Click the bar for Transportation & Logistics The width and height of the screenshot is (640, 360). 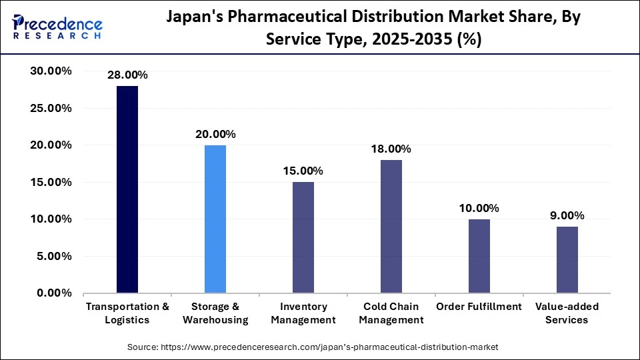127,189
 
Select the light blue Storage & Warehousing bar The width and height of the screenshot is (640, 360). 215,219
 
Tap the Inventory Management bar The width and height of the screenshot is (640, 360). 303,237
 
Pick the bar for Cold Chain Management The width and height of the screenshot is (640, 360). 391,226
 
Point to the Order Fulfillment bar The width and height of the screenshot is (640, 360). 479,256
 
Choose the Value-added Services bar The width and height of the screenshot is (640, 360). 567,259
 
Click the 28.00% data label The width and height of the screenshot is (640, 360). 127,75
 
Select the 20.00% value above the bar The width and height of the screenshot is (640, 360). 215,134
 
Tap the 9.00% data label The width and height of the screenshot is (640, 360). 567,215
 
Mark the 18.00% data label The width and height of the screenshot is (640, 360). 391,149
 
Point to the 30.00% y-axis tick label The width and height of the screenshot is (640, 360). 51,71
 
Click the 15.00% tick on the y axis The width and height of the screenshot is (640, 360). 51,182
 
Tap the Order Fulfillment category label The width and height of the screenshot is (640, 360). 479,307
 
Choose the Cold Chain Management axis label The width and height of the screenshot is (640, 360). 391,313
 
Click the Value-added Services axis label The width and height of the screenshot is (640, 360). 567,313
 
